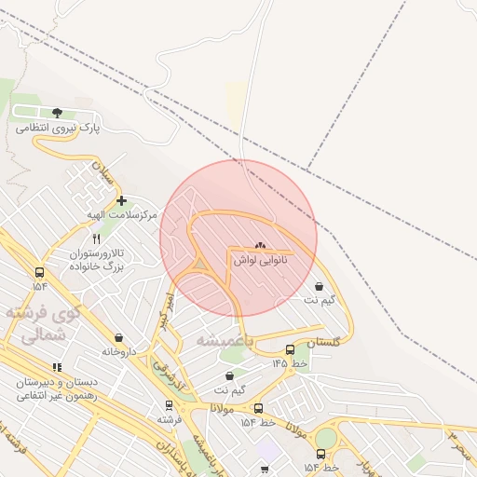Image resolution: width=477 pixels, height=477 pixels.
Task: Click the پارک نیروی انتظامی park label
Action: (64, 127)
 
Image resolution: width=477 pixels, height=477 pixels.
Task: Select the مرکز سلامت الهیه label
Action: (122, 215)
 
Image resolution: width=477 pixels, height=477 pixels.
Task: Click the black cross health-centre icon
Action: (121, 200)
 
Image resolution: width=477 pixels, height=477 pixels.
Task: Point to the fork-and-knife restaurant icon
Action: (97, 239)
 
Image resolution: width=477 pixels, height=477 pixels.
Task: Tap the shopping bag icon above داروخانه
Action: (118, 338)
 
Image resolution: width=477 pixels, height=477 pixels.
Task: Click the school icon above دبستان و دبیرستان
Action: (57, 367)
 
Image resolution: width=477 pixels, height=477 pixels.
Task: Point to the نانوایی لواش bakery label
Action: (259, 261)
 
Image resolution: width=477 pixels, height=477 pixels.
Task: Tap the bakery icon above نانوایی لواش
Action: (260, 247)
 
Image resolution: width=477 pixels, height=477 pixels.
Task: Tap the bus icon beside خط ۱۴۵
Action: (290, 350)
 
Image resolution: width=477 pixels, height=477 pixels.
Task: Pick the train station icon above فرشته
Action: (169, 405)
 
